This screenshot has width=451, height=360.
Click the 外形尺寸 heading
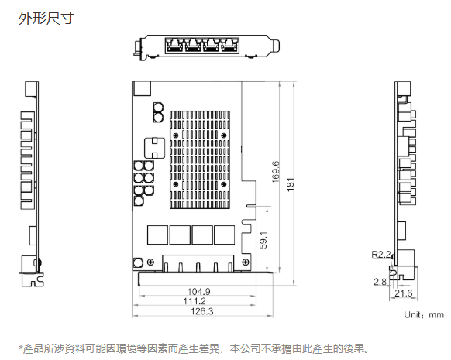[46, 18]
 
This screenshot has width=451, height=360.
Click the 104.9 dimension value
[198, 292]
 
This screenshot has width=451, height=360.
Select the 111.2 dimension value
[195, 301]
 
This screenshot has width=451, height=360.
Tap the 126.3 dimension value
[202, 311]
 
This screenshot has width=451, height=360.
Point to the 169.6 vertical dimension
[275, 172]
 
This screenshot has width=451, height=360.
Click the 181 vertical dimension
[291, 184]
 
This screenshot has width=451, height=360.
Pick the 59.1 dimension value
[263, 240]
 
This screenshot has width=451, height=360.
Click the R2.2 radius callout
[381, 254]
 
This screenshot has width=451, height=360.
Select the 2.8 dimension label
[380, 282]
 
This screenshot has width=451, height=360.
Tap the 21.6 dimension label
[404, 293]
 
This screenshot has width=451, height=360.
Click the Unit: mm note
[424, 314]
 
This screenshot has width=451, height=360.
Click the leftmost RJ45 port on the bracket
[175, 45]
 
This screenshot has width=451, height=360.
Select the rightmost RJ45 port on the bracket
[229, 45]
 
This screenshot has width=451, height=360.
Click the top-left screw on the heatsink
[176, 135]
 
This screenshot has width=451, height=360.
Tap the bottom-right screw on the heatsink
[223, 184]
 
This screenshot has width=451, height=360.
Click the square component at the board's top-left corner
[142, 88]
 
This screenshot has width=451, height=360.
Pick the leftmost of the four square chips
[157, 235]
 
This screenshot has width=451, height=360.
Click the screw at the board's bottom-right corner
[246, 262]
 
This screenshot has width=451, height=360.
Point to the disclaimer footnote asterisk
[20, 348]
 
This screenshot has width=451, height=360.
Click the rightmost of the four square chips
[225, 235]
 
